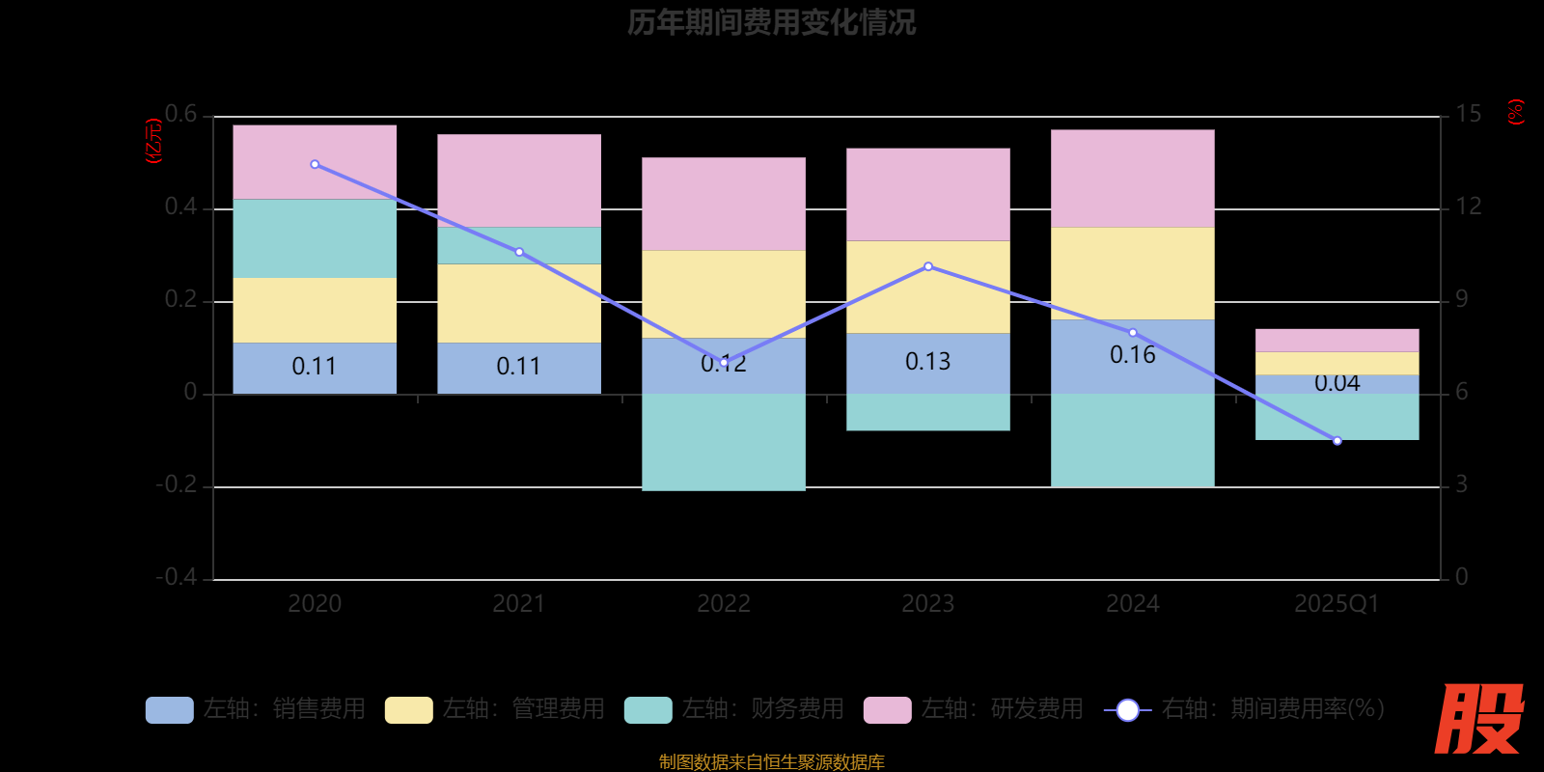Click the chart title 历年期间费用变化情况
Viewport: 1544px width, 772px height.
pyautogui.click(x=771, y=22)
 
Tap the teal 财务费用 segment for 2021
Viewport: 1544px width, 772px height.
pyautogui.click(x=519, y=245)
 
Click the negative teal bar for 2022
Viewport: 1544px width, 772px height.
pyautogui.click(x=724, y=442)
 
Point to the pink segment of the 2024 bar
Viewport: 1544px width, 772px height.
pyautogui.click(x=1132, y=179)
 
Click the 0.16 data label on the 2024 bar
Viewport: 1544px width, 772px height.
pyautogui.click(x=1132, y=355)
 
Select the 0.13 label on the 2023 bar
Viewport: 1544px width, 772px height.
pyautogui.click(x=927, y=362)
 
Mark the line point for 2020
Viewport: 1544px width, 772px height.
pyautogui.click(x=315, y=165)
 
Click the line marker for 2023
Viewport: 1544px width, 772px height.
pyautogui.click(x=928, y=266)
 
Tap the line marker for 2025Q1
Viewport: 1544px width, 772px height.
pyautogui.click(x=1337, y=441)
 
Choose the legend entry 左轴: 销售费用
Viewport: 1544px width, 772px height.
pyautogui.click(x=256, y=709)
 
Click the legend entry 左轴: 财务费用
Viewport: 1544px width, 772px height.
pyautogui.click(x=734, y=709)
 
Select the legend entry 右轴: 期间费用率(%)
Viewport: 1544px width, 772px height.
pyautogui.click(x=1245, y=709)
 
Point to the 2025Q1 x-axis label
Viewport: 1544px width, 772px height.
pyautogui.click(x=1337, y=604)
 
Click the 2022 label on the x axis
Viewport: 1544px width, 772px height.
pyautogui.click(x=724, y=604)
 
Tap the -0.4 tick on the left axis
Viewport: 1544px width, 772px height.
pyautogui.click(x=177, y=577)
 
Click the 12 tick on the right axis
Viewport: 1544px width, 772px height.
pyautogui.click(x=1468, y=207)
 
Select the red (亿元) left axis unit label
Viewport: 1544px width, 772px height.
pyautogui.click(x=153, y=141)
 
